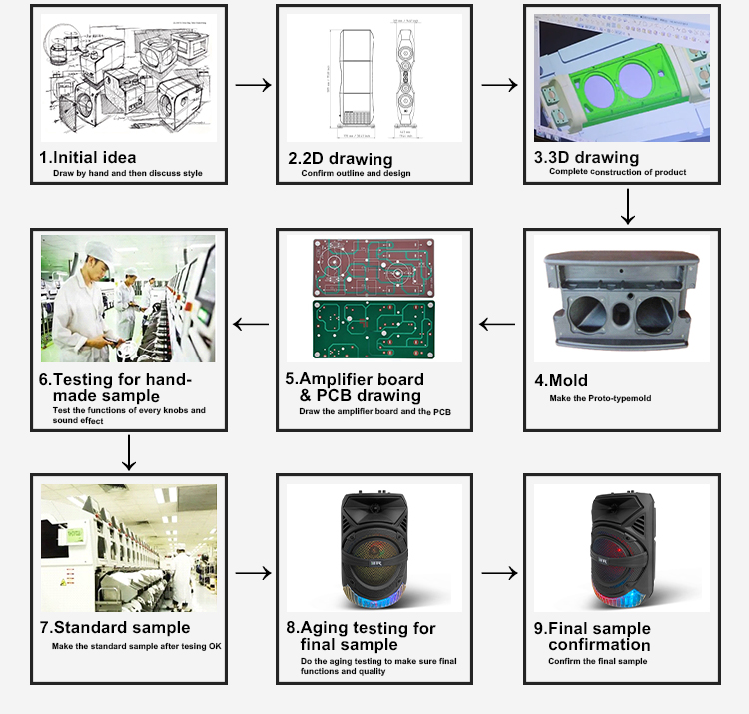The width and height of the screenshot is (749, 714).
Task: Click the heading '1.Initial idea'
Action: tap(88, 157)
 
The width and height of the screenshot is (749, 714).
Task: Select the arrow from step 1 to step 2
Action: tap(253, 85)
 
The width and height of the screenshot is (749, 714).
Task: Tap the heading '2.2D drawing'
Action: tap(340, 159)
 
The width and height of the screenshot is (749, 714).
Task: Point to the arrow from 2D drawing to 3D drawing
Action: tap(499, 85)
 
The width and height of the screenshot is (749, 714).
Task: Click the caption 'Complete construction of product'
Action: tap(617, 172)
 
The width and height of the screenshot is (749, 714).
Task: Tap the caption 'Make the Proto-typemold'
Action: tap(599, 398)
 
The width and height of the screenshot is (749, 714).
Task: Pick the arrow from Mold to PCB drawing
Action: tap(498, 324)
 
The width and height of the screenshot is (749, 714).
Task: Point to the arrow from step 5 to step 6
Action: tap(251, 324)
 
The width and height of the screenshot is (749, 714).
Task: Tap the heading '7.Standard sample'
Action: tap(114, 628)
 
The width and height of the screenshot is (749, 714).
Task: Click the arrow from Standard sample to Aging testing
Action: tap(253, 573)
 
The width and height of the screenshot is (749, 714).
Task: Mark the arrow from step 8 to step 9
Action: tap(499, 573)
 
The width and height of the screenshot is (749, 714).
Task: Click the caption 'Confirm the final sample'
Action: tap(597, 661)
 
